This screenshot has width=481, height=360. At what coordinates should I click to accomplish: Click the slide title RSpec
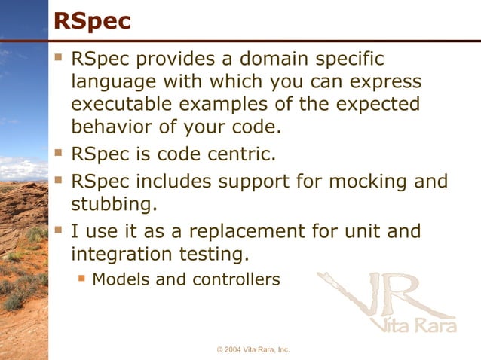(x=92, y=21)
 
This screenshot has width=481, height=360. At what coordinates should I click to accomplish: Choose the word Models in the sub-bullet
(x=119, y=279)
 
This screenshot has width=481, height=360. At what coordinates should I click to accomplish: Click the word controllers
(x=236, y=279)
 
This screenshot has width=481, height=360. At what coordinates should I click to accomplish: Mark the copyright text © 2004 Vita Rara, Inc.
(x=253, y=350)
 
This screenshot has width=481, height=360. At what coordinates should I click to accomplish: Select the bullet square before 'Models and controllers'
(x=81, y=279)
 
